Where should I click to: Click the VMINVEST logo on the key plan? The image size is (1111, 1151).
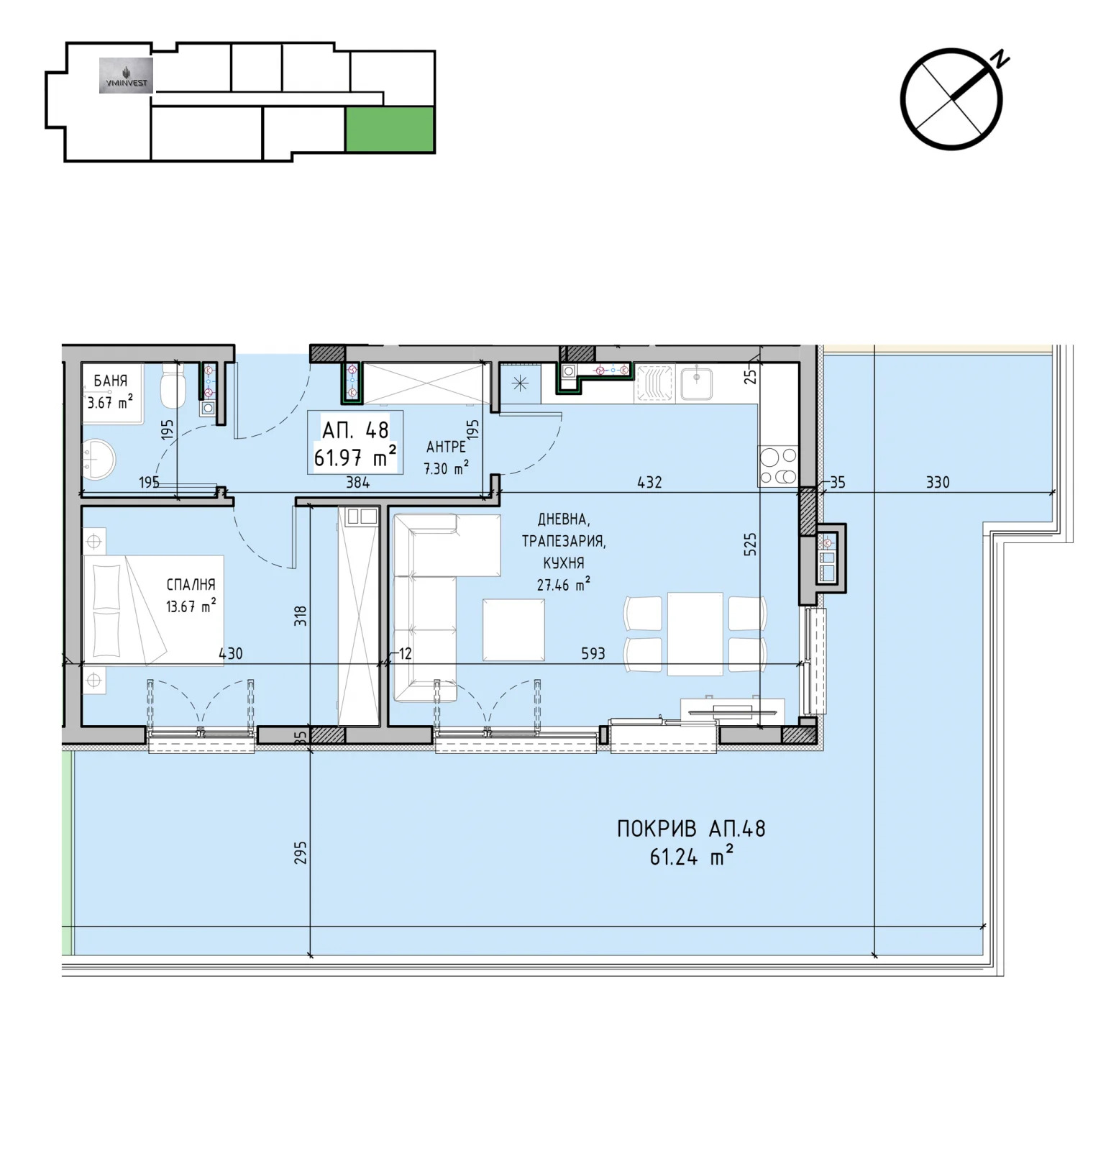(x=126, y=76)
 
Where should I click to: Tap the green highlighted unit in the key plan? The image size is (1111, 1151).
(x=390, y=129)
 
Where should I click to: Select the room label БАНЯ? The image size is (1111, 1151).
(x=111, y=381)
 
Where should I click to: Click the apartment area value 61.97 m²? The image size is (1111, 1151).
(x=355, y=456)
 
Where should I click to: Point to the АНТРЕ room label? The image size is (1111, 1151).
(x=446, y=447)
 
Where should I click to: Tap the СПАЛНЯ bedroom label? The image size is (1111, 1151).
(x=191, y=585)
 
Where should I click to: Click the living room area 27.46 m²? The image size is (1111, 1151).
(x=564, y=584)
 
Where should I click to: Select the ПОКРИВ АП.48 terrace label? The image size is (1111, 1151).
(x=691, y=829)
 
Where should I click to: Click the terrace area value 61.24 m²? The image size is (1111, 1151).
(x=691, y=857)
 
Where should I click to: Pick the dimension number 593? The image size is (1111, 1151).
(x=593, y=653)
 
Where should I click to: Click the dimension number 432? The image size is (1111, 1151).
(x=649, y=482)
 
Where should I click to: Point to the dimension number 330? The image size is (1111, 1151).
(x=938, y=482)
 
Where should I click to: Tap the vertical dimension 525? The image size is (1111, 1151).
(x=750, y=544)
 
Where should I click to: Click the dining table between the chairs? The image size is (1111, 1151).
(x=695, y=634)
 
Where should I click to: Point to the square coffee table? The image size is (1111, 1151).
(x=513, y=629)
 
